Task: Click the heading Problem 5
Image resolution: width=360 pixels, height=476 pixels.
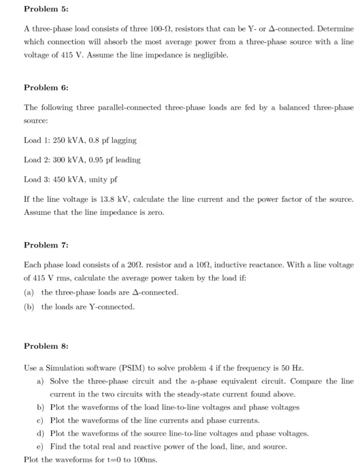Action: [x=42, y=10]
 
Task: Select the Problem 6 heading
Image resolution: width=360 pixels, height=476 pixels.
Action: [x=42, y=88]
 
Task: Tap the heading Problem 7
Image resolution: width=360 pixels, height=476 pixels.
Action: [x=42, y=245]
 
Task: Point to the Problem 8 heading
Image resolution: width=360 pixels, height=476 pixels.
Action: [x=42, y=346]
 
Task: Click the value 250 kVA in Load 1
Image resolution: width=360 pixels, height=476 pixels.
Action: [x=65, y=141]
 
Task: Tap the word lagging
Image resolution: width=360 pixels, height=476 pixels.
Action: [x=123, y=141]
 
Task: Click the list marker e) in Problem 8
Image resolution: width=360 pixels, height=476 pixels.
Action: [x=40, y=446]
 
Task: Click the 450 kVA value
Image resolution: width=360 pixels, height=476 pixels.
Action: [x=65, y=180]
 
